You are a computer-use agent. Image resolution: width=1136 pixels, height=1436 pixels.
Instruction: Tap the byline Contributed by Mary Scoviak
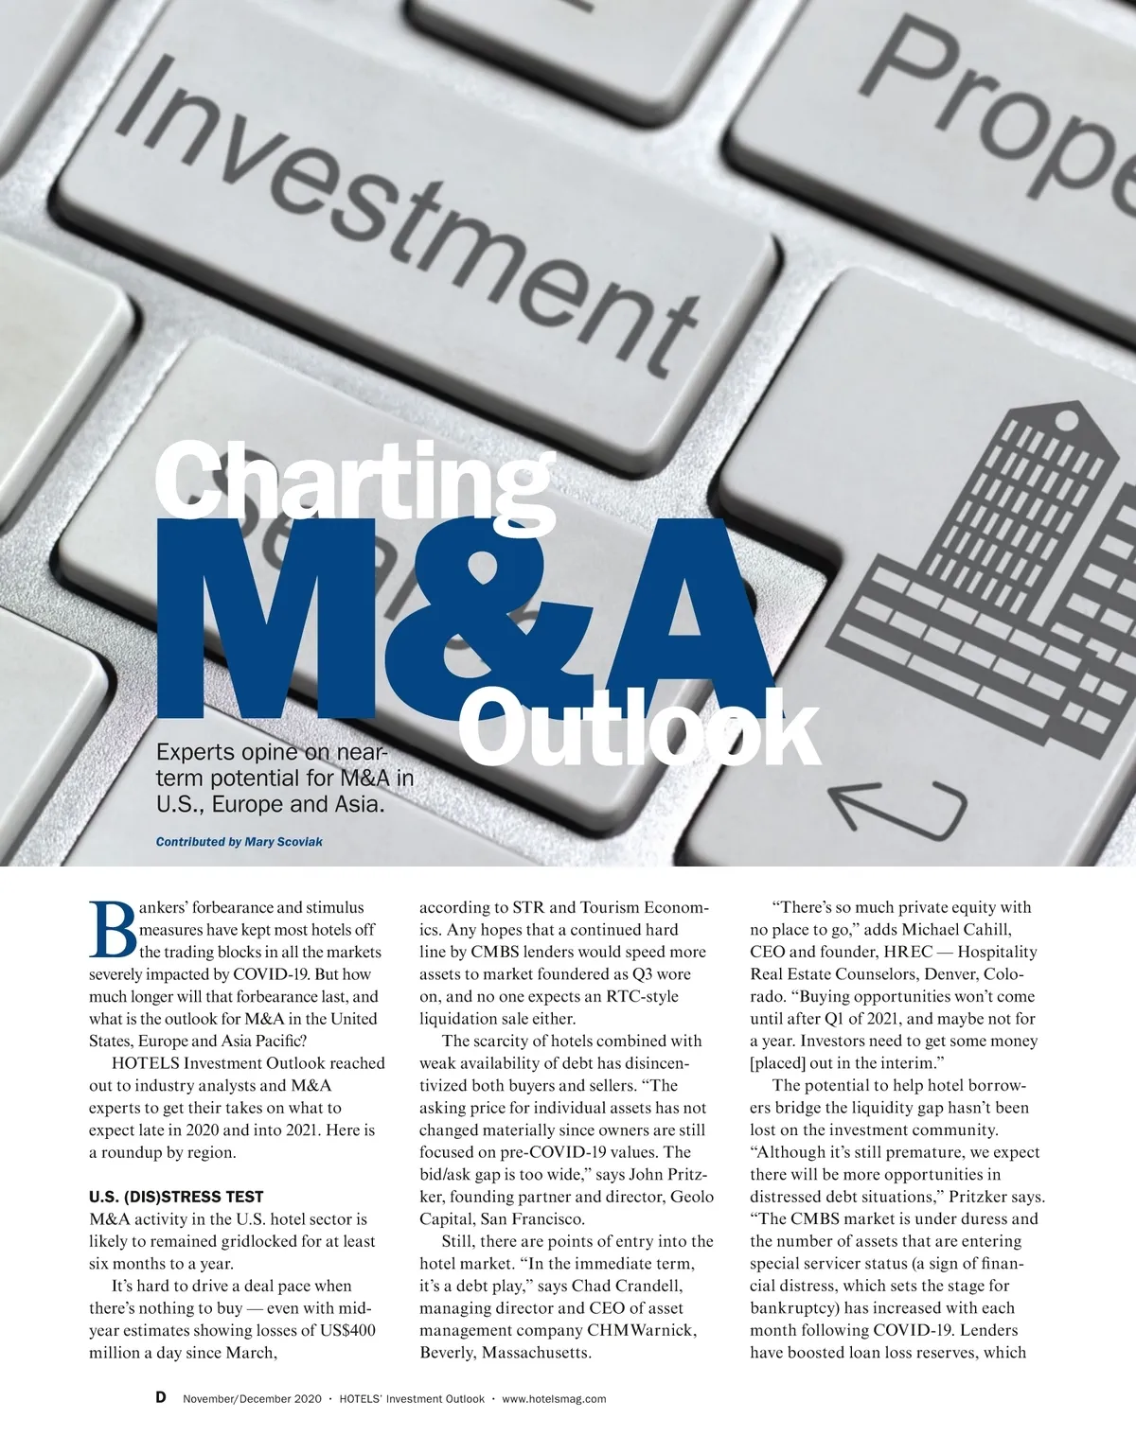239,841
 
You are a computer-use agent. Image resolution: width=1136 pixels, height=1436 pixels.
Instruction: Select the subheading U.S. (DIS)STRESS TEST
176,1197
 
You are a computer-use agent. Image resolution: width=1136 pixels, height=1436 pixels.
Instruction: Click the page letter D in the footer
161,1398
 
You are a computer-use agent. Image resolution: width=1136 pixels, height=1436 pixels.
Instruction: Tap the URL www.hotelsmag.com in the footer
554,1399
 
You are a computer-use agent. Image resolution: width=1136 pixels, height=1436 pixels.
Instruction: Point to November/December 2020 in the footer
252,1399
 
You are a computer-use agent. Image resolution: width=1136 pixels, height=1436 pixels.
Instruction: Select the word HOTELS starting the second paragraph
144,1062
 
